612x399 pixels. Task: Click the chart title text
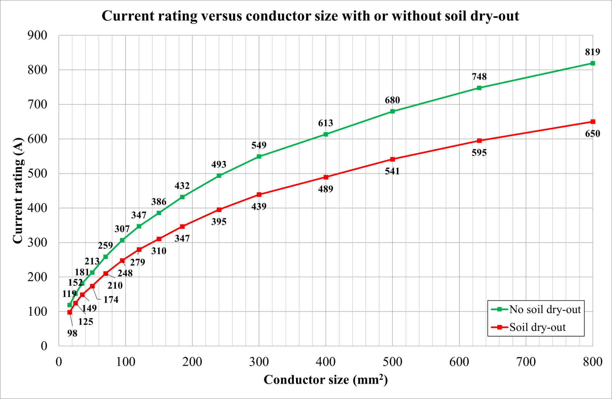coord(310,16)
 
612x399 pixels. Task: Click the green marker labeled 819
coord(593,63)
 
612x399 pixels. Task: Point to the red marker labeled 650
coord(593,122)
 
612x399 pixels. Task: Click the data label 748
coord(479,77)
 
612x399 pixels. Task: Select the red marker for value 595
coord(479,141)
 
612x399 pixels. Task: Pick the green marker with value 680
coord(392,111)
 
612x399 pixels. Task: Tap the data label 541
coord(392,171)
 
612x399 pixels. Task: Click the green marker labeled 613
coord(326,134)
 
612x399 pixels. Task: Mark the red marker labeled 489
coord(326,177)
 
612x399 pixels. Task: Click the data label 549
coord(259,145)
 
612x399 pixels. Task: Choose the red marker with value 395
coord(219,210)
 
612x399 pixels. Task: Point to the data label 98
coord(72,333)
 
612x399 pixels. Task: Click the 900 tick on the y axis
coord(37,35)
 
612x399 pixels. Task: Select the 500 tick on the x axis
coord(392,362)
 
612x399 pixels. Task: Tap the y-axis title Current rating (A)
coord(18,190)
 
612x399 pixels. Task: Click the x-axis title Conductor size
coord(325,380)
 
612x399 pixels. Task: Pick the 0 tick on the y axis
coord(44,346)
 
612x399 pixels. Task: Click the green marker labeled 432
coord(182,197)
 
